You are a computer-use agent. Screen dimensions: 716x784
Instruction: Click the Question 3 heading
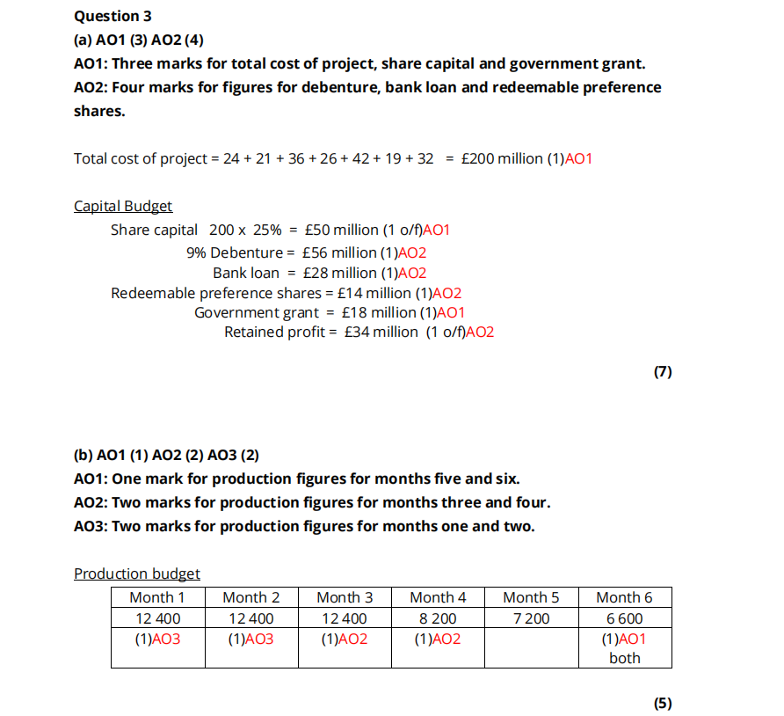[x=107, y=16]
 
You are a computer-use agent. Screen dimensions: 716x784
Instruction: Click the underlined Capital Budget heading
[x=123, y=207]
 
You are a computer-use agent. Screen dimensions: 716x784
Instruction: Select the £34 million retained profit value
[x=381, y=332]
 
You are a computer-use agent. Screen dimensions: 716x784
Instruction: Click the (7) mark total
[x=663, y=372]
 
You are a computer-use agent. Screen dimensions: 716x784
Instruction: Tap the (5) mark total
[x=663, y=703]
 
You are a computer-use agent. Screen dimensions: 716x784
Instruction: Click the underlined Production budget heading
[x=137, y=574]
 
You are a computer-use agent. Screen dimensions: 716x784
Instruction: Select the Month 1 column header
[x=157, y=598]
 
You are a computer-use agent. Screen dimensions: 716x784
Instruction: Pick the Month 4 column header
[x=438, y=598]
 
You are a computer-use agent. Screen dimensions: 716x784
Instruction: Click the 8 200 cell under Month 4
[x=438, y=619]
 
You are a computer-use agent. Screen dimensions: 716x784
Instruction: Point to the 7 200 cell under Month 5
[x=531, y=619]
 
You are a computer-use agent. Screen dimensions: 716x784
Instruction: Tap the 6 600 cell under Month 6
[x=625, y=619]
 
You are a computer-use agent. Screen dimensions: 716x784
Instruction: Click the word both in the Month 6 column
[x=625, y=658]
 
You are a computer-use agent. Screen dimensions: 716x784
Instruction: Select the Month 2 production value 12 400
[x=250, y=619]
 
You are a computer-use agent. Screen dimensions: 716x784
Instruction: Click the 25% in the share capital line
[x=267, y=230]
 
